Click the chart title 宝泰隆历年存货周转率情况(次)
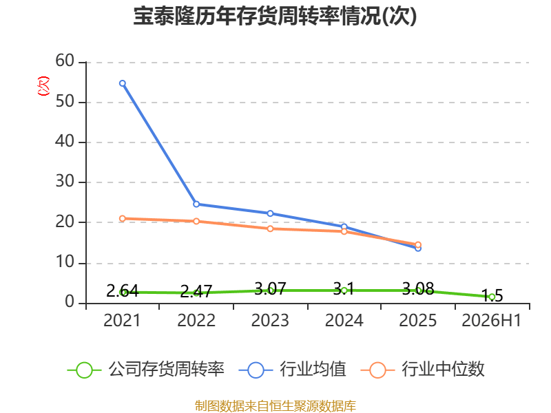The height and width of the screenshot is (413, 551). [x=275, y=16]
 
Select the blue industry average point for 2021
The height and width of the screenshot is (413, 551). [x=123, y=83]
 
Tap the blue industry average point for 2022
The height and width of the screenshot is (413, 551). [x=196, y=204]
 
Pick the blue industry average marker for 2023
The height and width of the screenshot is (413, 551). [x=270, y=213]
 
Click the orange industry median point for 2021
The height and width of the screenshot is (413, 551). [x=123, y=218]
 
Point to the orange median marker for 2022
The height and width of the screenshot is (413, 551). [x=196, y=221]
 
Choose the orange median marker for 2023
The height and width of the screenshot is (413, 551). [x=270, y=229]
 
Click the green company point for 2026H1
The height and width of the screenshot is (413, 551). [x=492, y=297]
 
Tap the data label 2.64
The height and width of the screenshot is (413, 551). [x=123, y=290]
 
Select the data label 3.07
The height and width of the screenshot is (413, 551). [x=270, y=288]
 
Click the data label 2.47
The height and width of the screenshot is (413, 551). [x=196, y=291]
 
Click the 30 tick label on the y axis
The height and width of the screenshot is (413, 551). [x=65, y=182]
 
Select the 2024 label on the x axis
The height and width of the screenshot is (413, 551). [x=344, y=320]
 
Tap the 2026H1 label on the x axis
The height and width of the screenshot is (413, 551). [x=491, y=320]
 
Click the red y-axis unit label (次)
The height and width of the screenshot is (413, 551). [x=43, y=86]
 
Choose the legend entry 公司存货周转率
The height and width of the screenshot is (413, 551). [x=146, y=370]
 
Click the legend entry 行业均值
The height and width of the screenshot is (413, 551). [x=292, y=370]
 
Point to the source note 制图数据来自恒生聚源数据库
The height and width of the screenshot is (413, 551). [x=275, y=406]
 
